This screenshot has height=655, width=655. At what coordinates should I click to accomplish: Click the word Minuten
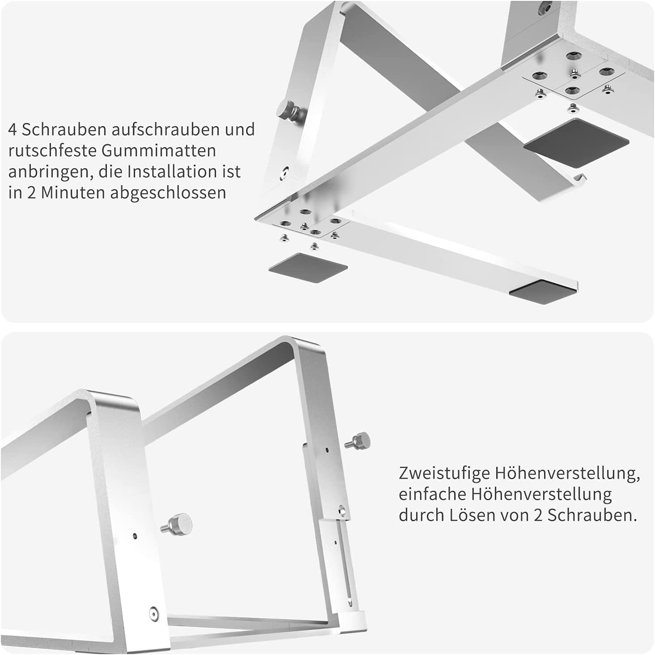(73, 193)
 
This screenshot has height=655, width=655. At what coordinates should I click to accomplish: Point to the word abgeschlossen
(168, 193)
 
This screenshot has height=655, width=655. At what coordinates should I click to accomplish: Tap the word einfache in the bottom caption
(432, 494)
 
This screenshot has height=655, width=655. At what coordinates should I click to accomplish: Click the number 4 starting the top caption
(13, 130)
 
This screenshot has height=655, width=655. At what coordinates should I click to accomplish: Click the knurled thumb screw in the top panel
(289, 110)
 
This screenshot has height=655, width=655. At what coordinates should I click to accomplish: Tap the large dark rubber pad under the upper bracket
(577, 143)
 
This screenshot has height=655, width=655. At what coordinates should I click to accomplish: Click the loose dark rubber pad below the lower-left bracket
(308, 268)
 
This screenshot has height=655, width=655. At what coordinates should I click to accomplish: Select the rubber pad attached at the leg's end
(542, 293)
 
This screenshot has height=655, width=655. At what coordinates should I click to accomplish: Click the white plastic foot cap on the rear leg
(353, 621)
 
